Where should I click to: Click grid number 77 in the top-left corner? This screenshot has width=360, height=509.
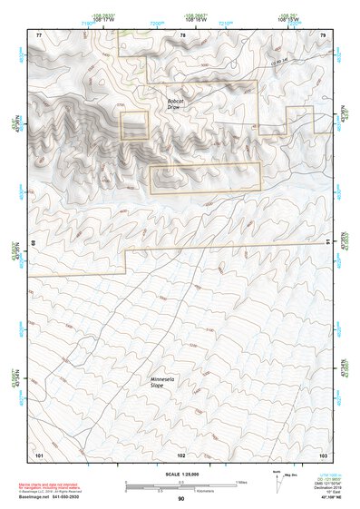pyautogui.click(x=38, y=34)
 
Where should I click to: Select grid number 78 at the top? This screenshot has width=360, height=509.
pyautogui.click(x=182, y=34)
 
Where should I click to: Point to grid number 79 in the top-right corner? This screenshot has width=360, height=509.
pyautogui.click(x=324, y=34)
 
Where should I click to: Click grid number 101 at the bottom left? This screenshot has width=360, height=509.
pyautogui.click(x=38, y=453)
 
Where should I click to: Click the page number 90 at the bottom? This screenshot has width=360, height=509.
pyautogui.click(x=180, y=498)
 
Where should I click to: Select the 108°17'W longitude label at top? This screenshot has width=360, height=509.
pyautogui.click(x=93, y=21)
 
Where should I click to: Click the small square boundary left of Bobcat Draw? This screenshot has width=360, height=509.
pyautogui.click(x=134, y=125)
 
